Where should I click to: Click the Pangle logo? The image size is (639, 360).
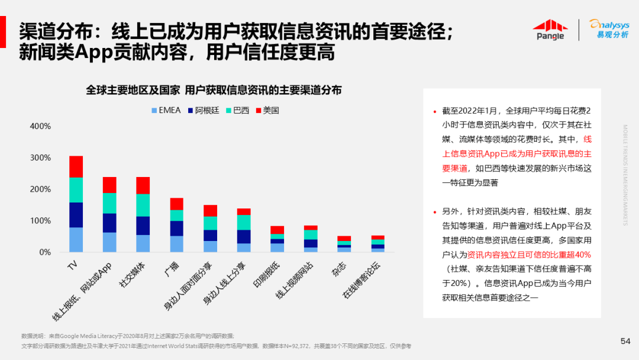pos(550,30)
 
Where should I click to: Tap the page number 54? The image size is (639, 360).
pos(625,340)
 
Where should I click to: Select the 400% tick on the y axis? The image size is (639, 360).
pos(40,126)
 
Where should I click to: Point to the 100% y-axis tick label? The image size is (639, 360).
pos(40,221)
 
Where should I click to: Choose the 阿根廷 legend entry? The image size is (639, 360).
pos(204,110)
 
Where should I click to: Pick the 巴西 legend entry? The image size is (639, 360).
pos(237,110)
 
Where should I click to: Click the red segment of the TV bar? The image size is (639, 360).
pos(76,166)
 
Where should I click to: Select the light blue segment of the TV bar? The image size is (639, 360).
pos(76,240)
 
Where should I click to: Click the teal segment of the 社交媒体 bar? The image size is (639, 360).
pos(143,205)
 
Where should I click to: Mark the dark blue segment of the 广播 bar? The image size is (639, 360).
pos(177,228)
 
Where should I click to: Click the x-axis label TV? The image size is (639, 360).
pos(72,265)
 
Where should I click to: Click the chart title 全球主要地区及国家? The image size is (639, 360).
pos(133,90)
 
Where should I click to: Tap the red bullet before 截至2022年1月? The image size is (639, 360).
pos(435,111)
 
